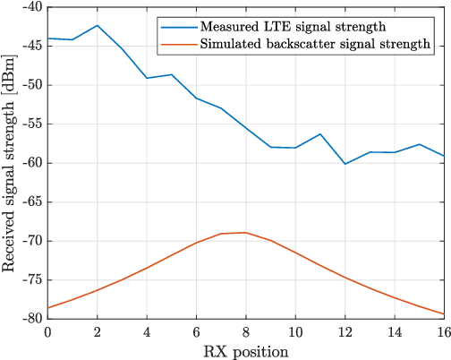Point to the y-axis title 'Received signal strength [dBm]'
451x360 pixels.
[x=10, y=162]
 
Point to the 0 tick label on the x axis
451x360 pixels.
[x=47, y=331]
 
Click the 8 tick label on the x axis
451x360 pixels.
[x=245, y=331]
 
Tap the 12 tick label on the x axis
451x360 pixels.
[x=345, y=331]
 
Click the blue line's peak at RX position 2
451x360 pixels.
[x=98, y=25]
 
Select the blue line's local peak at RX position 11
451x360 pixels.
[x=320, y=134]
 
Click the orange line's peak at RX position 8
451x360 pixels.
[x=246, y=233]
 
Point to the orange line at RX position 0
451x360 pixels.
[x=48, y=308]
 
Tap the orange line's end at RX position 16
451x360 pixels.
[x=444, y=314]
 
